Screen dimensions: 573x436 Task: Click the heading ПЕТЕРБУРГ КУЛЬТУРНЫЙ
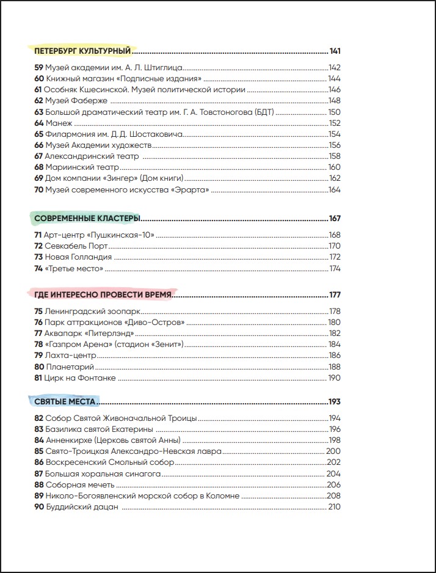[x=83, y=51]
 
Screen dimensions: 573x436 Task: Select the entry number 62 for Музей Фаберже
[x=38, y=101]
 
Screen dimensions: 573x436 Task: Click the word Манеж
[x=59, y=123]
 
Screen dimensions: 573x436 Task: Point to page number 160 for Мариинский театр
[x=334, y=167]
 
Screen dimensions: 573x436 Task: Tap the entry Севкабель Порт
[x=76, y=246]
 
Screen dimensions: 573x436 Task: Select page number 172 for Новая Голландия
[x=334, y=257]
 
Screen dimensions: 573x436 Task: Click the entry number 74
[x=38, y=268]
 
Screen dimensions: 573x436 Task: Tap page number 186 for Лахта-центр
[x=334, y=356]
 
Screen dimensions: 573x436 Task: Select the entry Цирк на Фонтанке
[x=80, y=378]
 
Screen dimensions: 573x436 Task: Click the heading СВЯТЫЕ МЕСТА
[x=65, y=402]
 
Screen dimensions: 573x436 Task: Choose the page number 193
[x=334, y=402]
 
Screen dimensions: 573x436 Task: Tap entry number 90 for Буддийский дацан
[x=38, y=506]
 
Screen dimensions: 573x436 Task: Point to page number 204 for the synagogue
[x=334, y=473]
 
